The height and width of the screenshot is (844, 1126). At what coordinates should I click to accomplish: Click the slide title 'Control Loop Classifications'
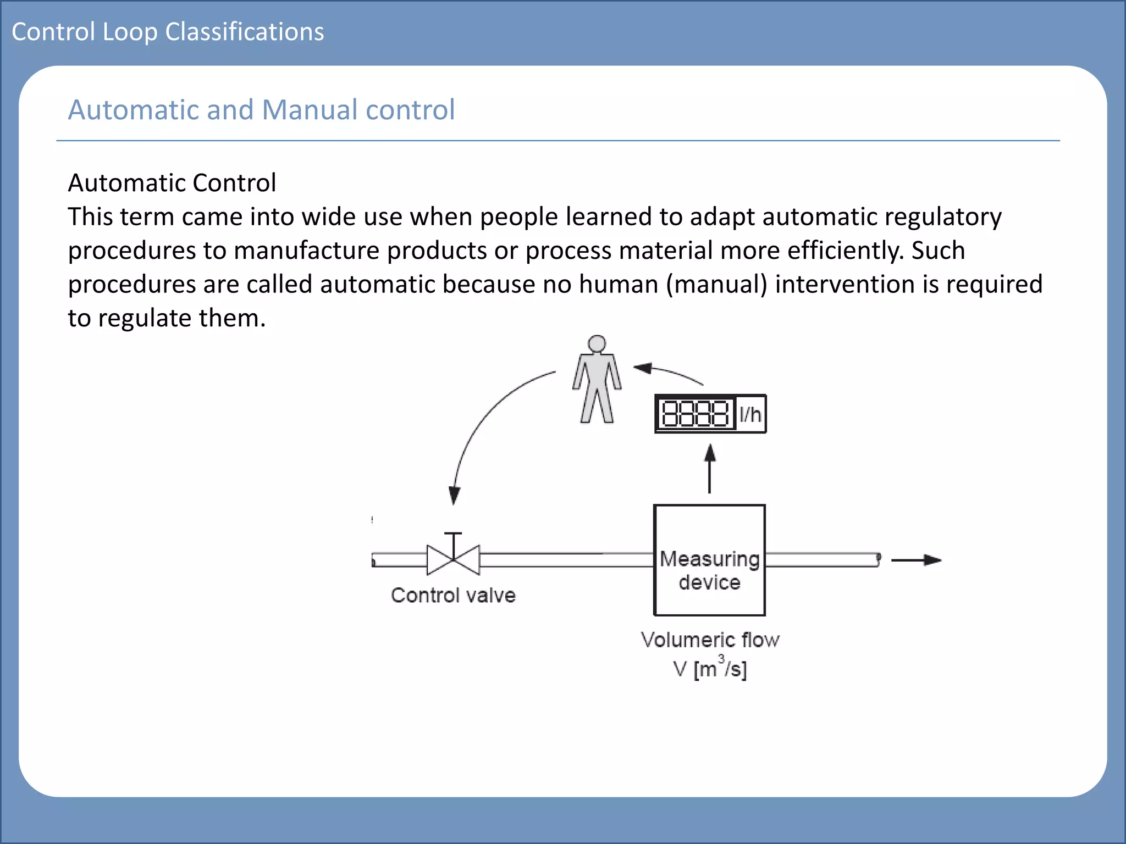[x=168, y=32]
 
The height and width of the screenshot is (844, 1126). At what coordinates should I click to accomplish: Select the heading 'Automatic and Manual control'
[x=261, y=109]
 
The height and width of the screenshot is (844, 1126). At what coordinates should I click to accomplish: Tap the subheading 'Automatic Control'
[x=172, y=182]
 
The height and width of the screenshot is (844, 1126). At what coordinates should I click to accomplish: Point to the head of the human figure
[x=597, y=344]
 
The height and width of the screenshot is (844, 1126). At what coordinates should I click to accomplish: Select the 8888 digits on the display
[x=696, y=414]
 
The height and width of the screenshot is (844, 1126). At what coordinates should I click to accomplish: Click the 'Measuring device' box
[x=709, y=560]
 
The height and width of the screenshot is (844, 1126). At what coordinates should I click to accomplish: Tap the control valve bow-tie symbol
[x=453, y=559]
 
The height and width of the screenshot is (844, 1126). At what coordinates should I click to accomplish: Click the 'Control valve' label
[x=453, y=596]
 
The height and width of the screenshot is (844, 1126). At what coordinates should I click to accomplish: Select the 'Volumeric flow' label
[x=710, y=640]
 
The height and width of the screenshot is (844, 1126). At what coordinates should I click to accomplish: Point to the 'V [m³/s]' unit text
[x=710, y=669]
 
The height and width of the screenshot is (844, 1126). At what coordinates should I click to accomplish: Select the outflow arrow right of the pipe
[x=916, y=560]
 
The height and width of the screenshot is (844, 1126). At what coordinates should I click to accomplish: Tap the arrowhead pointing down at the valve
[x=454, y=495]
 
